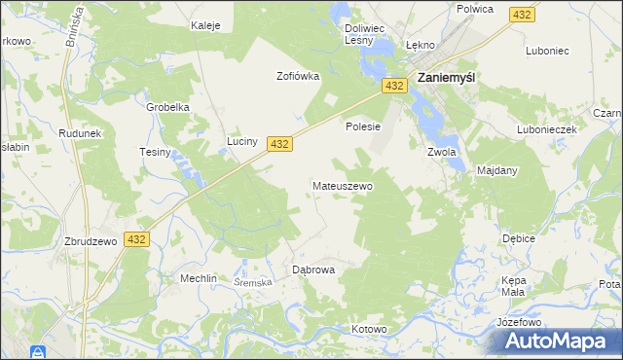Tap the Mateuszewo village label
pos(342,185)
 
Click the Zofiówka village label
pos(298,76)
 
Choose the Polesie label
pos(362,126)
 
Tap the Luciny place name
pos(242,141)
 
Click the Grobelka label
pos(166,107)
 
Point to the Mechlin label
pos(198,277)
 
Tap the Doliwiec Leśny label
pos(367,35)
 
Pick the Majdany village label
pos(497,170)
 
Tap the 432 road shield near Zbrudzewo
pos(136,238)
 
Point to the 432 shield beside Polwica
pos(523,15)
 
